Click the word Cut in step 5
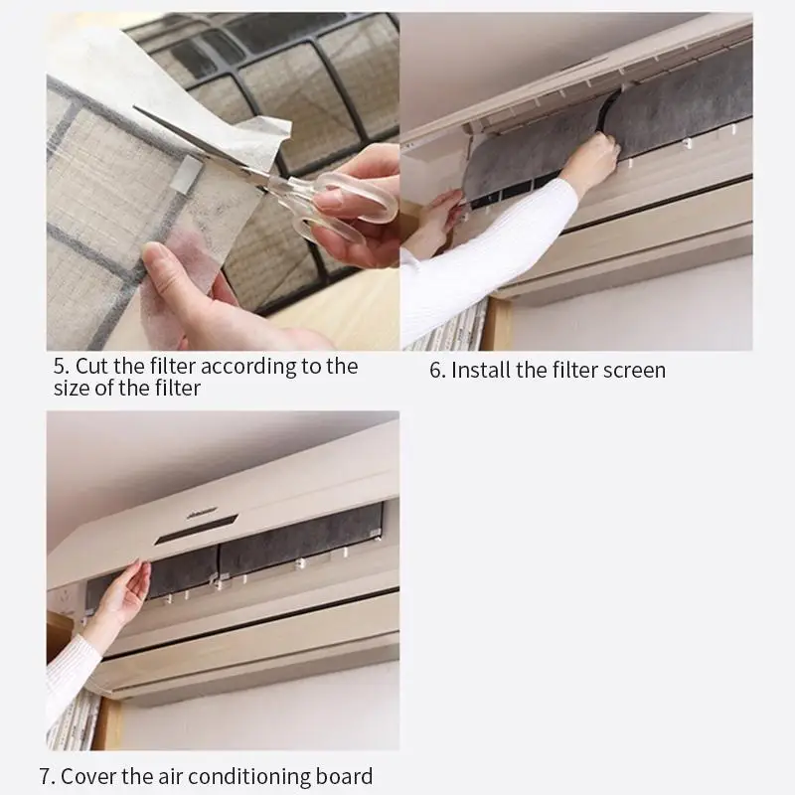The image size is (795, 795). pos(92,366)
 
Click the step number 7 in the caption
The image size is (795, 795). pos(47,776)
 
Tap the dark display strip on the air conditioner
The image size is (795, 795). pos(196,530)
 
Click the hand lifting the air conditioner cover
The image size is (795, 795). pos(122,591)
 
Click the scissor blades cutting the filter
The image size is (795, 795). pos(203,143)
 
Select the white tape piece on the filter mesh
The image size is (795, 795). pos(190,173)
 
